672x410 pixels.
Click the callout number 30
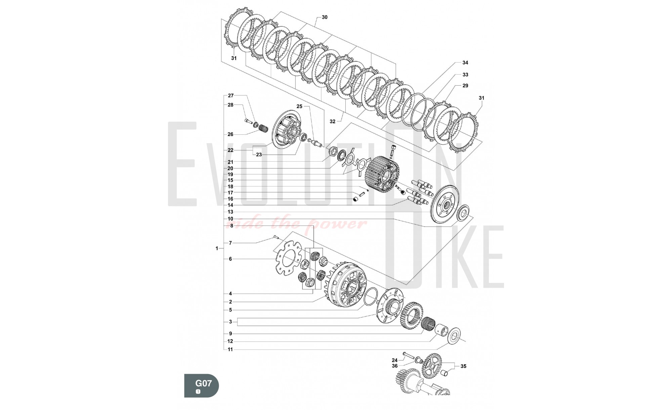point(325,17)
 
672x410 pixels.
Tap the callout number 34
point(465,63)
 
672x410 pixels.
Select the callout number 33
point(465,75)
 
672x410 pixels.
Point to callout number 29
point(465,86)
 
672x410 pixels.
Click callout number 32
point(332,121)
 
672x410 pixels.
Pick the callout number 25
point(299,106)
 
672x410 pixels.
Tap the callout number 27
point(230,96)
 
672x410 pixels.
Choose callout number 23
point(259,155)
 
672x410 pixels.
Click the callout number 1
point(217,248)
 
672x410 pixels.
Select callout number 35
point(463,366)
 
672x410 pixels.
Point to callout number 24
point(394,360)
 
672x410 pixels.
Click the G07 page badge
point(201,385)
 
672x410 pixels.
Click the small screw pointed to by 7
point(276,237)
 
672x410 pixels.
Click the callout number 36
point(394,366)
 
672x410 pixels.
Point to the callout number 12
point(230,341)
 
